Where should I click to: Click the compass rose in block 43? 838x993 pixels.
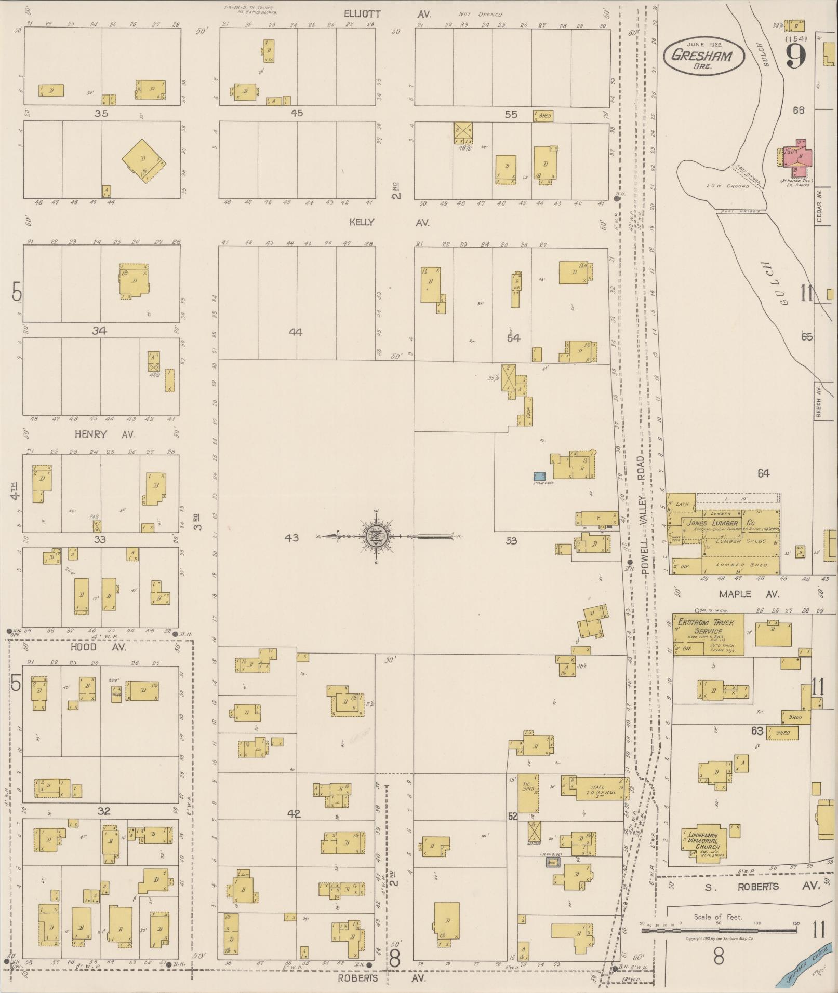click(x=375, y=536)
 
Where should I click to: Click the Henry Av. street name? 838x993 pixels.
click(x=104, y=434)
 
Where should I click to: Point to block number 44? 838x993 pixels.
click(x=296, y=332)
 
